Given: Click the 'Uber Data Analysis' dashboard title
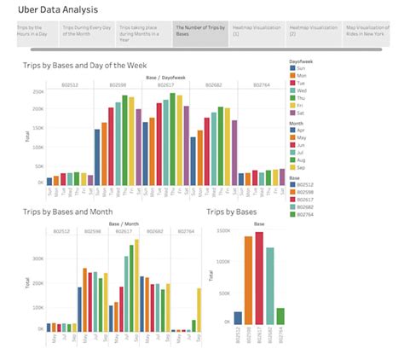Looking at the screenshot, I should (x=65, y=9).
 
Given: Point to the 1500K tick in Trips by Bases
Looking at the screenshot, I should (x=222, y=231).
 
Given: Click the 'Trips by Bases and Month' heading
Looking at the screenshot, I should (x=66, y=211).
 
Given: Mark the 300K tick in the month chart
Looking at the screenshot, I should (x=38, y=258).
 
